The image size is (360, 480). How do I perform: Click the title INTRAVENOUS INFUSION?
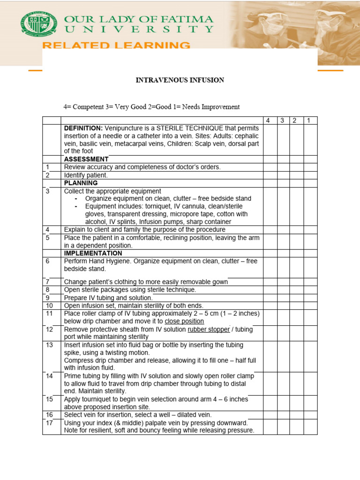(180, 80)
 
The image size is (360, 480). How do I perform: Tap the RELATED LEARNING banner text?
(117, 45)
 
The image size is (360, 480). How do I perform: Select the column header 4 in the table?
(268, 120)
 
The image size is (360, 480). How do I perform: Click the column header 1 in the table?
(308, 120)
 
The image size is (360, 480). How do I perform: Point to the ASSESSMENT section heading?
(86, 159)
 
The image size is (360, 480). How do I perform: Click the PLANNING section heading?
(81, 183)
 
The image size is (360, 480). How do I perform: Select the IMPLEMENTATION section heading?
(93, 253)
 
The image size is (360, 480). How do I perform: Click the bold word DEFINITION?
(83, 128)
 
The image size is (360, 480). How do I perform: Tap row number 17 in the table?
(48, 423)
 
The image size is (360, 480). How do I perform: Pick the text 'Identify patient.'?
(86, 175)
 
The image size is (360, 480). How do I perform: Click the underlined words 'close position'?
(184, 321)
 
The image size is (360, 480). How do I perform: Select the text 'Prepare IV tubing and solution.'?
(108, 298)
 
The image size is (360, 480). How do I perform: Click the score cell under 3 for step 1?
(283, 167)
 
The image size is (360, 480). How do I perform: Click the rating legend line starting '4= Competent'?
(151, 107)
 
